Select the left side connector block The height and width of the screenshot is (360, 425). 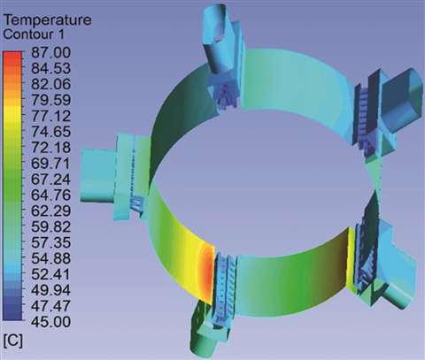click(104, 172)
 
